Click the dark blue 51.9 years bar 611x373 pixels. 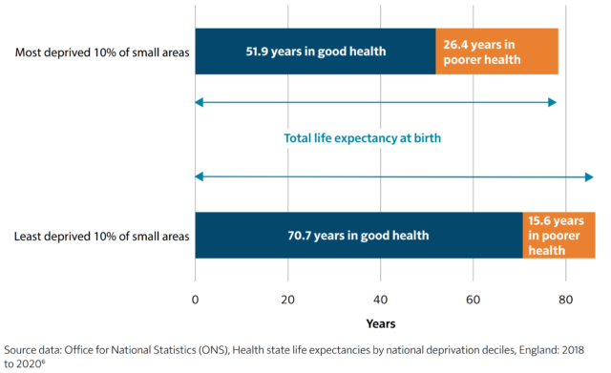click(x=315, y=51)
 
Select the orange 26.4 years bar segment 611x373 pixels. click(x=496, y=51)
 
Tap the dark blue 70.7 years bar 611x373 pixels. click(x=359, y=235)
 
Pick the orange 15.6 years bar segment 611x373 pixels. click(x=558, y=235)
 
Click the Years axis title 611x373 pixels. click(x=380, y=323)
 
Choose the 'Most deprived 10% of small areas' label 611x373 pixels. click(x=103, y=51)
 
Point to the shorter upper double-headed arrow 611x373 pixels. click(x=376, y=101)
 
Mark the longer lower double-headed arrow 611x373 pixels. click(x=394, y=177)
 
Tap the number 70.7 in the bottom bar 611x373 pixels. click(x=304, y=235)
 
